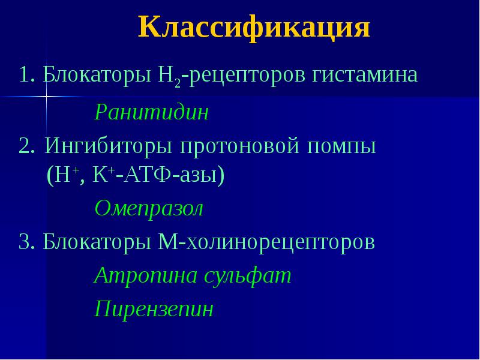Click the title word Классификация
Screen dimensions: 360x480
[x=254, y=28]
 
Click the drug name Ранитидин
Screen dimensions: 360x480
[x=151, y=113]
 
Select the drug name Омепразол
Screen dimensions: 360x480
[x=149, y=209]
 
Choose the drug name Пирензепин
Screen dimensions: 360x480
[x=154, y=310]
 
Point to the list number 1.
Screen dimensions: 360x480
[x=25, y=76]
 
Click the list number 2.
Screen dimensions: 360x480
[x=25, y=147]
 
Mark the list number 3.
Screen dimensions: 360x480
[x=25, y=242]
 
